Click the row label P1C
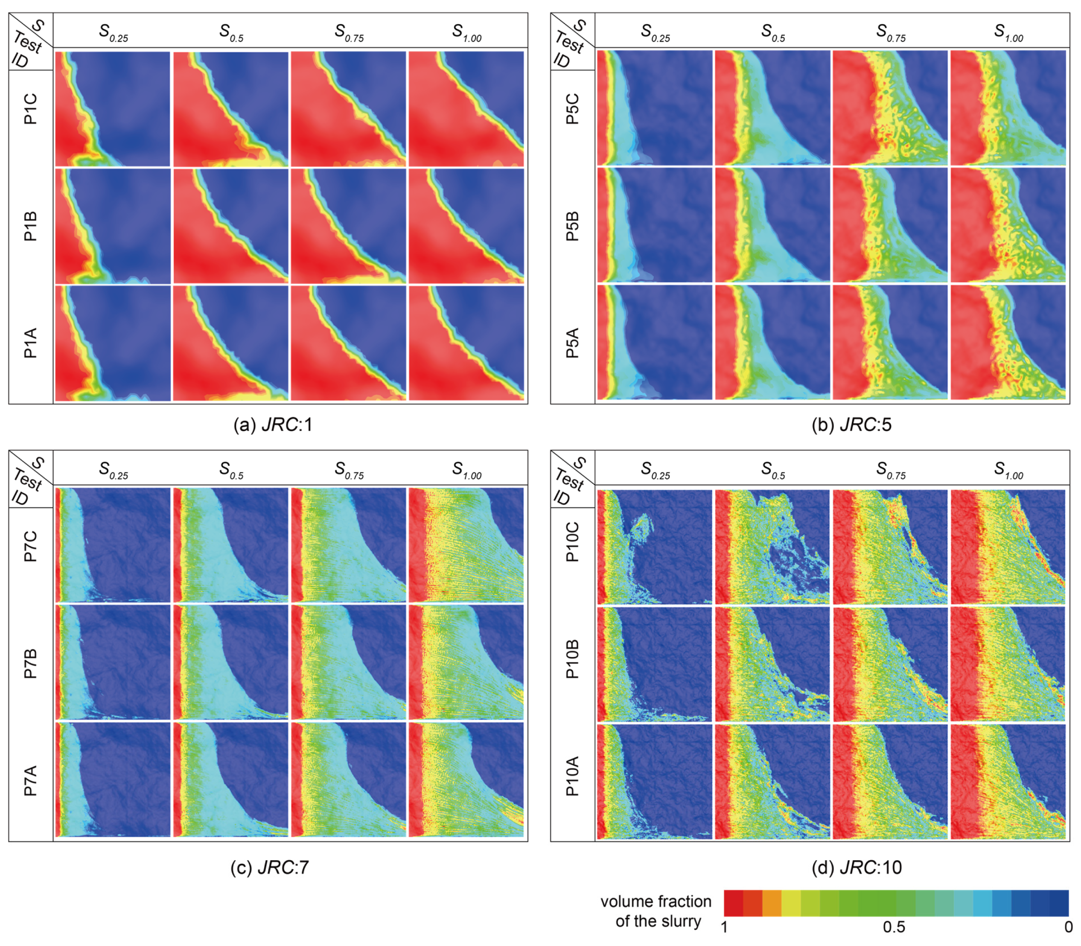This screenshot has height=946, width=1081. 31,109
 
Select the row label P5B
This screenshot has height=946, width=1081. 572,226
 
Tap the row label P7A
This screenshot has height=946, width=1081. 31,780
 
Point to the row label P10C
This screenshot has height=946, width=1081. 572,541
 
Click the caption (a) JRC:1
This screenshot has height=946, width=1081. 273,425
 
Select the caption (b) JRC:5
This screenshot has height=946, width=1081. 851,425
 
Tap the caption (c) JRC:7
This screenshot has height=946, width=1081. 270,868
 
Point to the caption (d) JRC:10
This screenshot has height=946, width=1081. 857,868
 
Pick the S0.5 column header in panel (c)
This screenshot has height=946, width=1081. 231,470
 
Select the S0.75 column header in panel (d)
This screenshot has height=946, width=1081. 891,470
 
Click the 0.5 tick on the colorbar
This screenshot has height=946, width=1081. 894,927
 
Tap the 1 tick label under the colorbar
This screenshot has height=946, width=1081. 725,927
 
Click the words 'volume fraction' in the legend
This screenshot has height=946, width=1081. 656,901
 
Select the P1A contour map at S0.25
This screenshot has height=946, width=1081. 113,343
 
